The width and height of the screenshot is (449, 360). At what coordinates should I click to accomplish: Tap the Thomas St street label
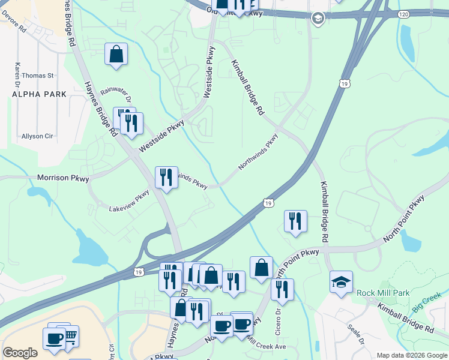click(x=38, y=76)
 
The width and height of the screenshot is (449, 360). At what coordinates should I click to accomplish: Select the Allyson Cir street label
click(x=37, y=136)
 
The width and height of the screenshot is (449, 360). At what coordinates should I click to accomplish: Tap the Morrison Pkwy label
click(x=63, y=178)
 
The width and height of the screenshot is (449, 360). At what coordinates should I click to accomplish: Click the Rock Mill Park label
click(x=383, y=293)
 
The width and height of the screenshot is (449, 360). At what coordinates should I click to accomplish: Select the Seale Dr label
click(x=356, y=334)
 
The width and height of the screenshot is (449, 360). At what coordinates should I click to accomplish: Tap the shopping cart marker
click(x=70, y=336)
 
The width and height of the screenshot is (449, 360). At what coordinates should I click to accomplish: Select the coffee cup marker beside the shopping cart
click(x=54, y=338)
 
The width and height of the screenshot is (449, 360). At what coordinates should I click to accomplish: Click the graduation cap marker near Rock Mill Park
click(x=341, y=282)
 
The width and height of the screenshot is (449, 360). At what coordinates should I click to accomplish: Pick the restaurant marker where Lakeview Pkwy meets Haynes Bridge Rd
click(x=166, y=178)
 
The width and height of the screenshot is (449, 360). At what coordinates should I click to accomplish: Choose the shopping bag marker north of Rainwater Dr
click(x=116, y=54)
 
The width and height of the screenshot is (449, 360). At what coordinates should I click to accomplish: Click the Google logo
click(x=20, y=353)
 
